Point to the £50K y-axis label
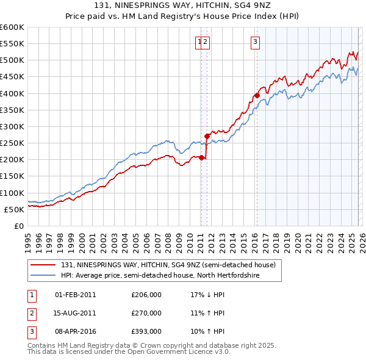14,209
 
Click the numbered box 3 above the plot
254,42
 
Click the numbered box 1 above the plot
199,42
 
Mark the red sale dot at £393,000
257,95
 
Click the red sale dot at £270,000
207,136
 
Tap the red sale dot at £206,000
201,157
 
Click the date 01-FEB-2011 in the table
76,295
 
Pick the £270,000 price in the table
146,313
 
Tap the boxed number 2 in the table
31,313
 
